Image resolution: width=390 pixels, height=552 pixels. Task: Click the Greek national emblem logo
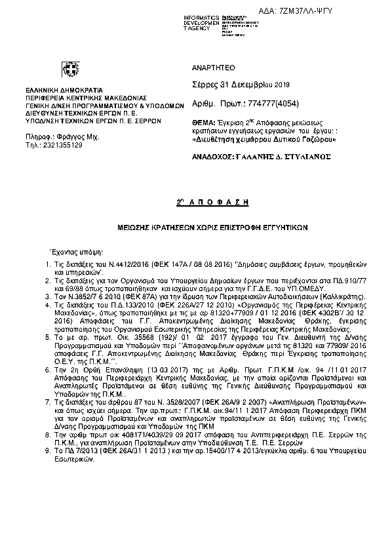[69, 69]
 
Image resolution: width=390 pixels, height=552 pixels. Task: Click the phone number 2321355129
[68, 145]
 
